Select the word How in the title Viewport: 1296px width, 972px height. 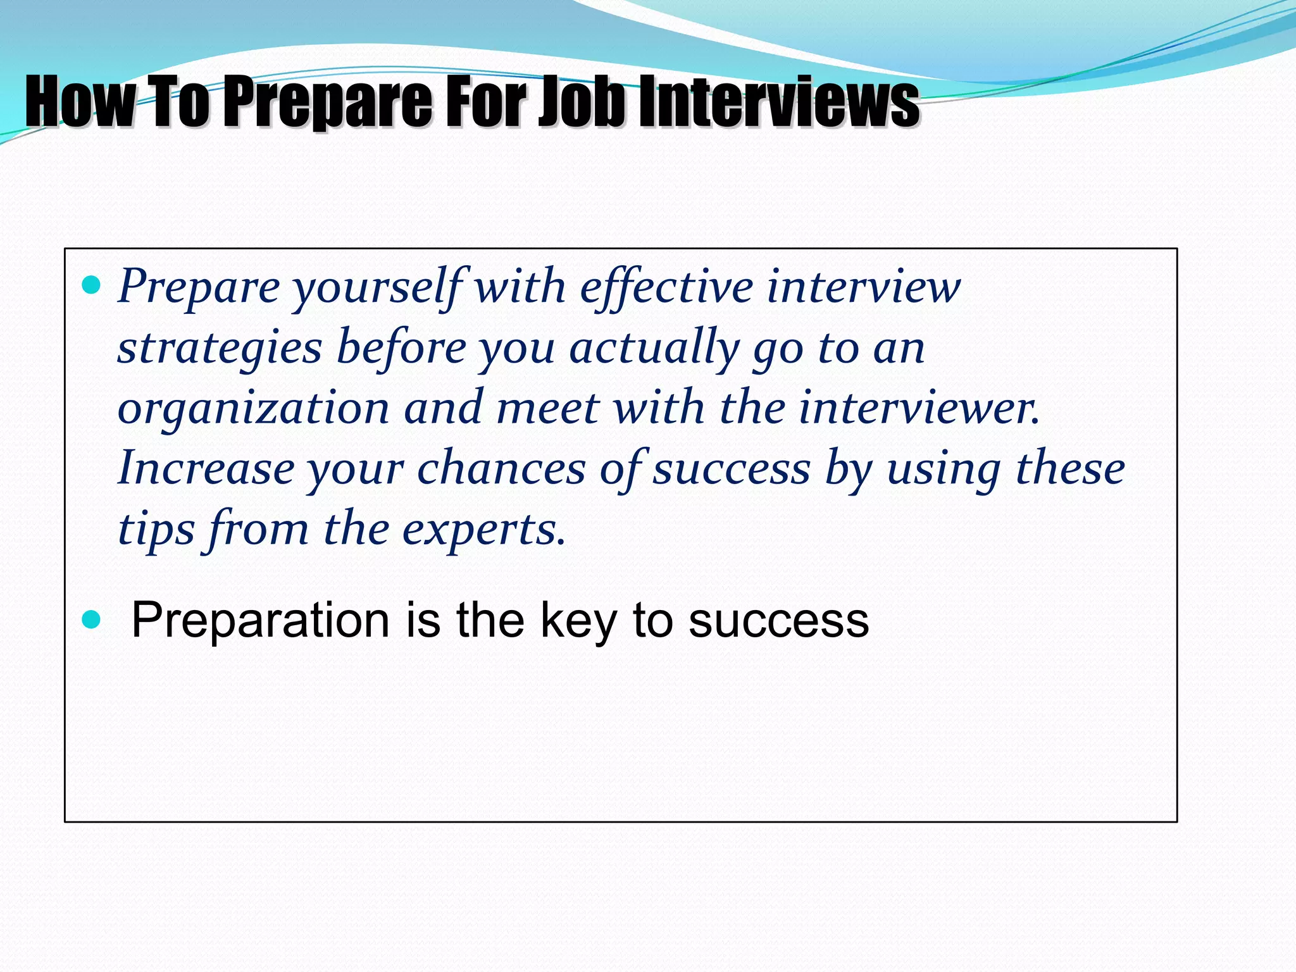[79, 101]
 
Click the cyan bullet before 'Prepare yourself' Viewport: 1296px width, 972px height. [92, 285]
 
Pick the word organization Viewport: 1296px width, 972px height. [253, 409]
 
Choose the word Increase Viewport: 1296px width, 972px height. [206, 468]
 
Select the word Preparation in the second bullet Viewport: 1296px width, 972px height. [260, 620]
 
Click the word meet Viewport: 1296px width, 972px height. [547, 408]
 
